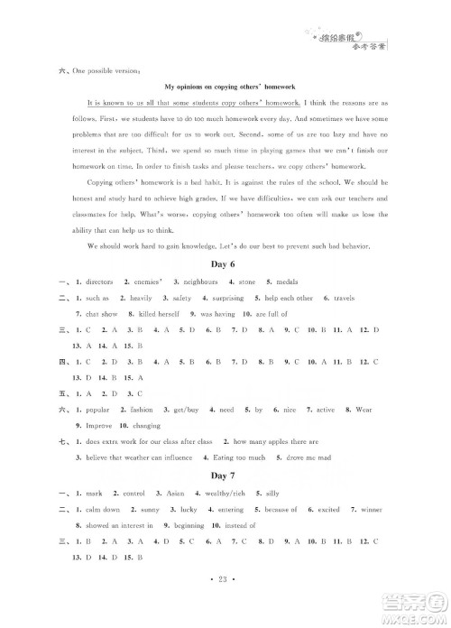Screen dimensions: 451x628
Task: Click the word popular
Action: (x=101, y=409)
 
